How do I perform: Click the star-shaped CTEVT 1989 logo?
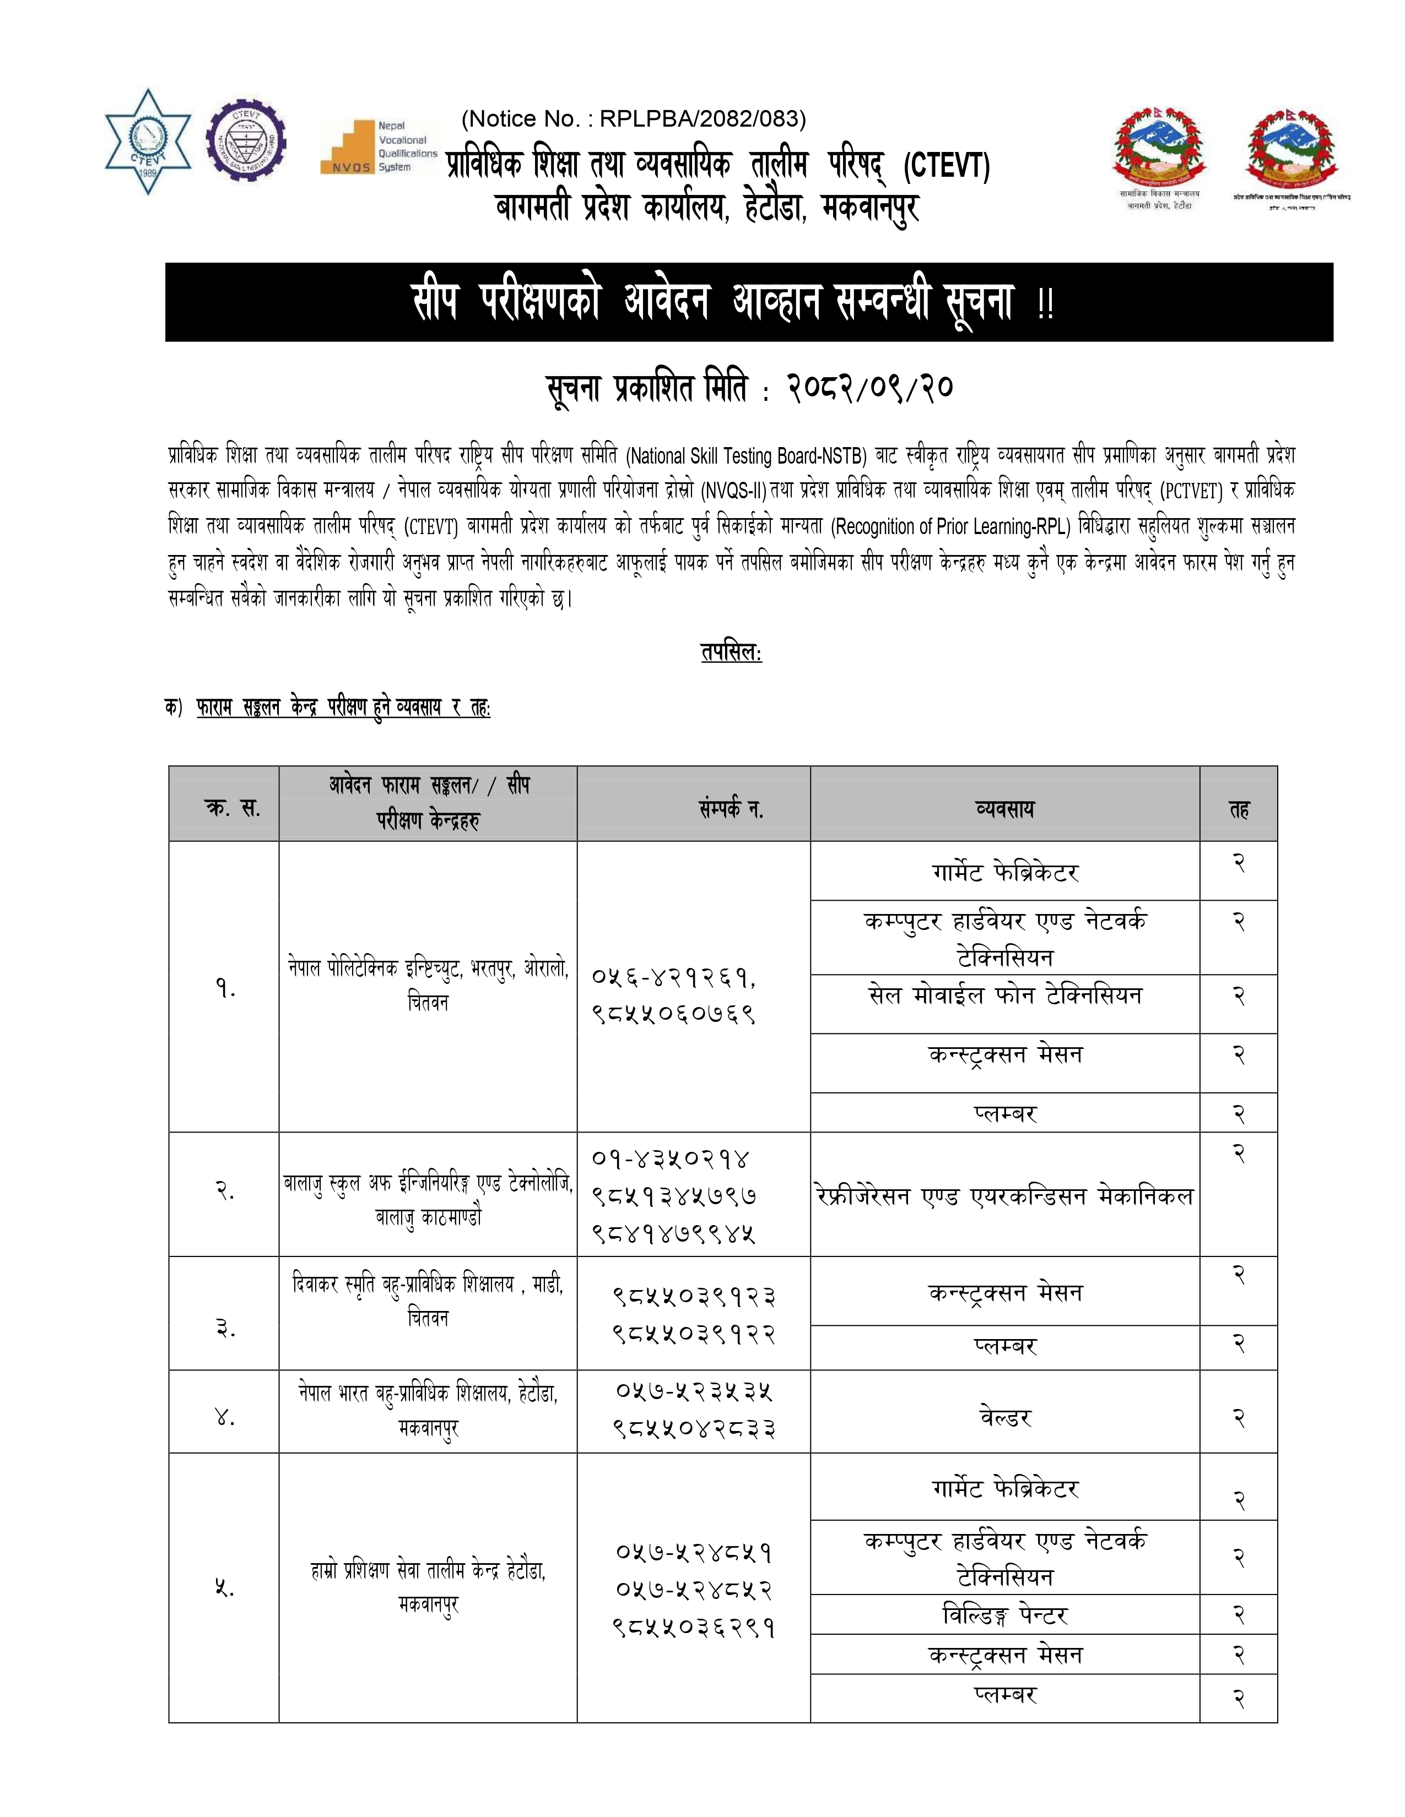click(x=148, y=142)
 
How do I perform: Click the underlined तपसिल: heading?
click(x=731, y=652)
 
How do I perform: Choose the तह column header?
click(x=1239, y=808)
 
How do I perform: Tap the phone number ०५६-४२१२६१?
click(x=673, y=977)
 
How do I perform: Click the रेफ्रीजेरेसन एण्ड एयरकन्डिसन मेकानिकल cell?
click(x=1004, y=1196)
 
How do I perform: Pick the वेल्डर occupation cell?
click(x=1004, y=1418)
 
